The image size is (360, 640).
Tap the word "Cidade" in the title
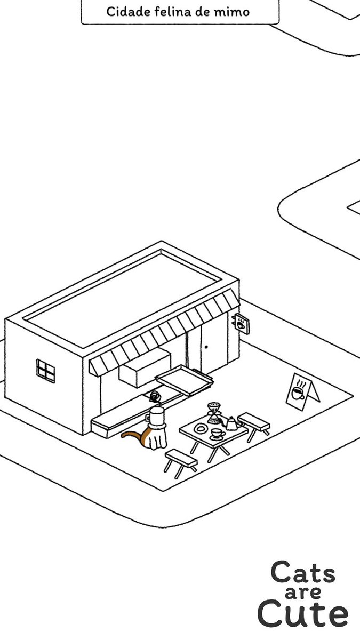(129, 12)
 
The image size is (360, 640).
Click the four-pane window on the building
(45, 371)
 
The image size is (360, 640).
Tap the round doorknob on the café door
(206, 347)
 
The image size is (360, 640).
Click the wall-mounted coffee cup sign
(241, 324)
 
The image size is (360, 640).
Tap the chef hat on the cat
(157, 418)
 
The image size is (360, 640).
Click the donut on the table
(201, 429)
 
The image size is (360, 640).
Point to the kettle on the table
(232, 423)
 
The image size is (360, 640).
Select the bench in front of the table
(181, 463)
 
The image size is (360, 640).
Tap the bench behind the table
(254, 426)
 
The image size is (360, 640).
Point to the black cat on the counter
(155, 397)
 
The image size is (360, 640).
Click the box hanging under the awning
(145, 367)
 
